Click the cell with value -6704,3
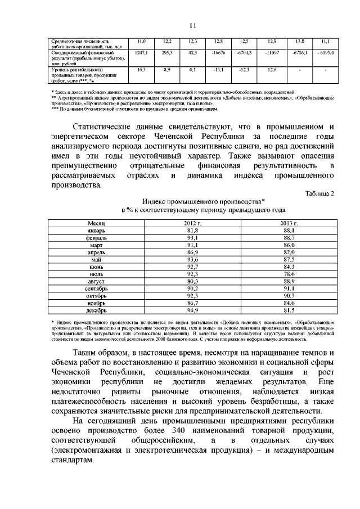(244, 52)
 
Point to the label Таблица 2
(319, 193)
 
